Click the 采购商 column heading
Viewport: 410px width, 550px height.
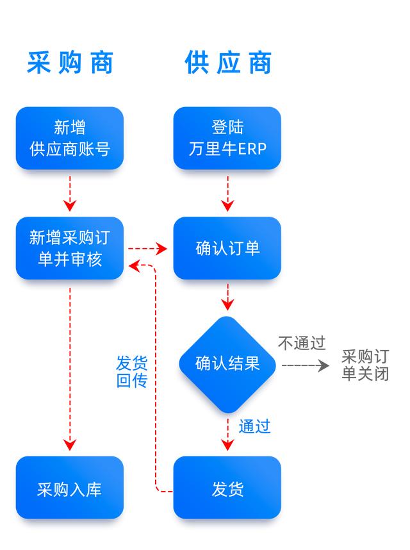[x=70, y=62]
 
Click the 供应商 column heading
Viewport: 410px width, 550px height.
[x=228, y=62]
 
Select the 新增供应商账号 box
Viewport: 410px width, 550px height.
[x=70, y=138]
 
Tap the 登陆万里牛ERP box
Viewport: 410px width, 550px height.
[x=227, y=138]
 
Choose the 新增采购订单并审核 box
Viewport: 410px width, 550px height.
[x=70, y=248]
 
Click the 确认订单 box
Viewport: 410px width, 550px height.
[x=227, y=248]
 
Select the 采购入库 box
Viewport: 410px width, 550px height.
[x=70, y=488]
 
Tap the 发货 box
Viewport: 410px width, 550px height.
[x=227, y=488]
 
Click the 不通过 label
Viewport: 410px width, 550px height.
[x=302, y=343]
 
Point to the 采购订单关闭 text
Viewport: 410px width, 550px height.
[x=366, y=365]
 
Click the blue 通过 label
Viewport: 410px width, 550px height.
[x=255, y=426]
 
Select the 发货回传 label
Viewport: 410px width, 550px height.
[x=132, y=371]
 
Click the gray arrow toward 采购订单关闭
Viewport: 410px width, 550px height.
[x=305, y=366]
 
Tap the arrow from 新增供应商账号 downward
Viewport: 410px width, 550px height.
[x=70, y=194]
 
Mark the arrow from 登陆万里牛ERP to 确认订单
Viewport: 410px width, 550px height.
[x=228, y=194]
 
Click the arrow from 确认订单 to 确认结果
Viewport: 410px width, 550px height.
[x=228, y=297]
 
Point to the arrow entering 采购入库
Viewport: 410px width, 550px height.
[x=70, y=369]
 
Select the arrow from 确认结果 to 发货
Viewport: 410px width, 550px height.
[x=228, y=434]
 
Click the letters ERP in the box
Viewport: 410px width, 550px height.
[x=252, y=149]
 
